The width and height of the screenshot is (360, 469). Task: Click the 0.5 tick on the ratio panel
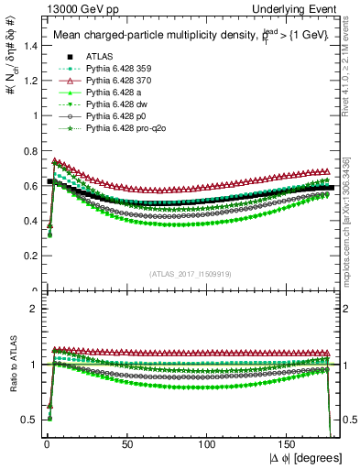click(26, 420)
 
